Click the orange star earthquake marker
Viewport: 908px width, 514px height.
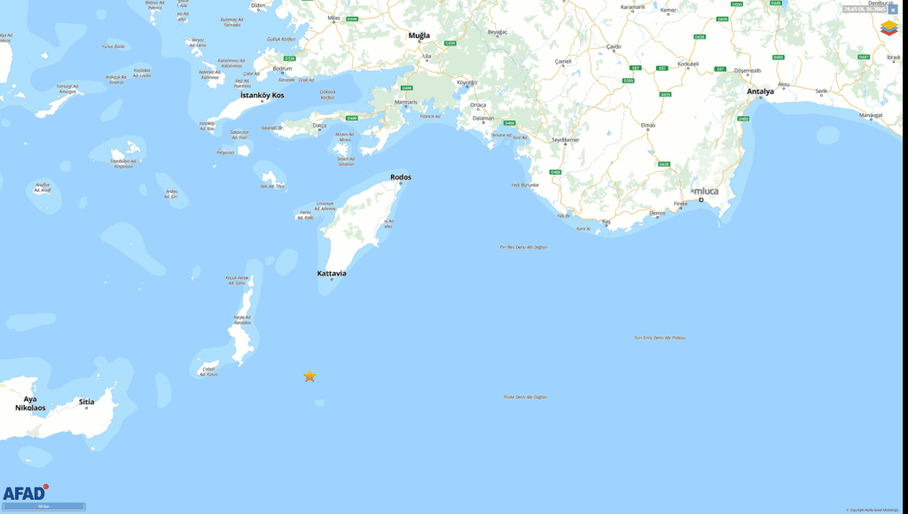[x=309, y=377]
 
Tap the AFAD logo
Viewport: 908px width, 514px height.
[x=25, y=493]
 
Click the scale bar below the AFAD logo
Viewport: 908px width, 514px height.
[x=43, y=507]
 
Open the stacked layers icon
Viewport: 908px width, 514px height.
[x=888, y=28]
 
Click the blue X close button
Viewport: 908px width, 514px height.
[x=892, y=9]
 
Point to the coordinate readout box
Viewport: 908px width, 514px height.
[x=864, y=9]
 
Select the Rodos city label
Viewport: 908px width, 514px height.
[x=401, y=177]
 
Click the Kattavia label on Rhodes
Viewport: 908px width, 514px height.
[x=332, y=274]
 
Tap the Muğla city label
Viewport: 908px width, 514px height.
[x=419, y=35]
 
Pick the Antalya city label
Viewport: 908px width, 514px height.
[x=760, y=91]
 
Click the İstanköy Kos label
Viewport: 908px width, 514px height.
[x=262, y=95]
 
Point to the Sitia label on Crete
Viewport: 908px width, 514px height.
[x=86, y=401]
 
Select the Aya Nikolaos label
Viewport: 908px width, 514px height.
[x=30, y=403]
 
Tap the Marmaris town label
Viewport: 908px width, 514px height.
[x=405, y=102]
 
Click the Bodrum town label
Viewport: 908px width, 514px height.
[x=283, y=68]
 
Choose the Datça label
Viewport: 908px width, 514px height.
[x=320, y=125]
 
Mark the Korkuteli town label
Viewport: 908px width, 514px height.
[x=688, y=64]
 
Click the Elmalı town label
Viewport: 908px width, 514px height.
[x=648, y=125]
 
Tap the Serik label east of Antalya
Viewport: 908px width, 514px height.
[x=821, y=90]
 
